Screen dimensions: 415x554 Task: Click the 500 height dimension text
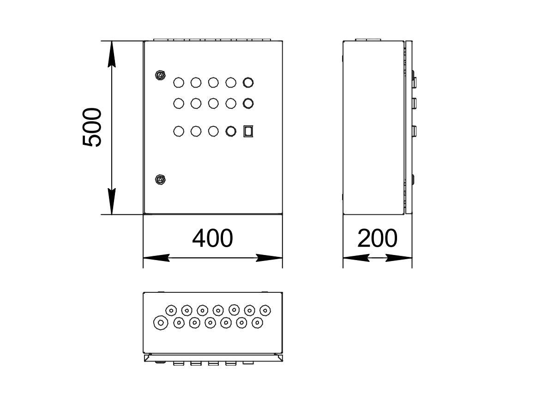[x=92, y=127]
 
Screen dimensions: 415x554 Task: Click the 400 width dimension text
[x=212, y=239]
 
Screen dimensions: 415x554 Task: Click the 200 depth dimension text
[x=377, y=239]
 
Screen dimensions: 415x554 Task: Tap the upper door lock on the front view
[x=160, y=75]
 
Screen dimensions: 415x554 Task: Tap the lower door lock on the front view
[x=160, y=179]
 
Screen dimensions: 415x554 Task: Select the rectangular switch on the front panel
[x=248, y=131]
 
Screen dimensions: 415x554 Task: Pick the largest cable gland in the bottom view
[x=160, y=323]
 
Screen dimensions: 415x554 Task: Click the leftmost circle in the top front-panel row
[x=178, y=83]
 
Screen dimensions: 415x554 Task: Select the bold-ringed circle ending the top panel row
[x=248, y=83]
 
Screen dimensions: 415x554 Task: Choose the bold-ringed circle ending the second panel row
[x=248, y=103]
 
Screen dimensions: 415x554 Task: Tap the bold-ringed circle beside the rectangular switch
[x=231, y=131]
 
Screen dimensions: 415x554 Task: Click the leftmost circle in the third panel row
[x=178, y=131]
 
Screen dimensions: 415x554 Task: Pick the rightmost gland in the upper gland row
[x=265, y=310]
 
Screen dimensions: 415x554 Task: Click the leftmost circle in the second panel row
[x=178, y=103]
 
